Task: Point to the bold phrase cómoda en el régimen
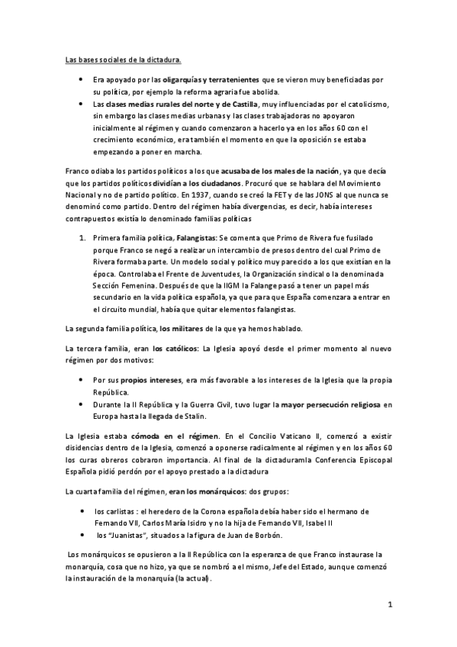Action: click(x=169, y=434)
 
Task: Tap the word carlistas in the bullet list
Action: click(x=123, y=510)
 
